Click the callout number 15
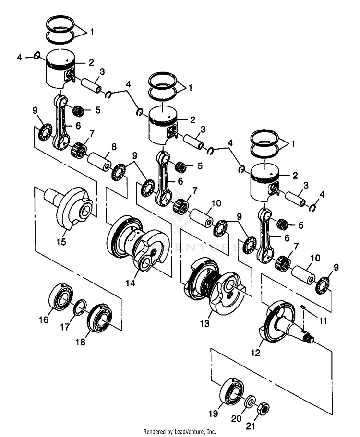pyautogui.click(x=61, y=241)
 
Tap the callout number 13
pyautogui.click(x=205, y=324)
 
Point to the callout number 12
pyautogui.click(x=255, y=353)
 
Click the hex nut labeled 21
pyautogui.click(x=264, y=409)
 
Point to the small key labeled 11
pyautogui.click(x=304, y=307)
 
